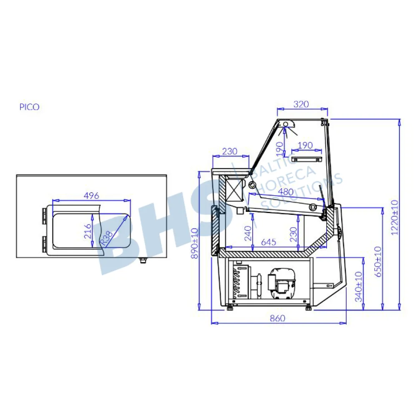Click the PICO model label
pyautogui.click(x=29, y=107)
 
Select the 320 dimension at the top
pyautogui.click(x=301, y=104)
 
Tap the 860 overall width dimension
pyautogui.click(x=277, y=318)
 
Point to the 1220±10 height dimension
pyautogui.click(x=394, y=217)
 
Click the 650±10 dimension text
pyautogui.click(x=377, y=262)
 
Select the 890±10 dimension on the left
pyautogui.click(x=194, y=244)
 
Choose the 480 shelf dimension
pyautogui.click(x=286, y=192)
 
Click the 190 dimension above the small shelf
pyautogui.click(x=306, y=145)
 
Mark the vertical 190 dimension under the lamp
pyautogui.click(x=280, y=147)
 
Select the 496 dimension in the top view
pyautogui.click(x=91, y=195)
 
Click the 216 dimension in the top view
pyautogui.click(x=87, y=231)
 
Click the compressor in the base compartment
pyautogui.click(x=282, y=284)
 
